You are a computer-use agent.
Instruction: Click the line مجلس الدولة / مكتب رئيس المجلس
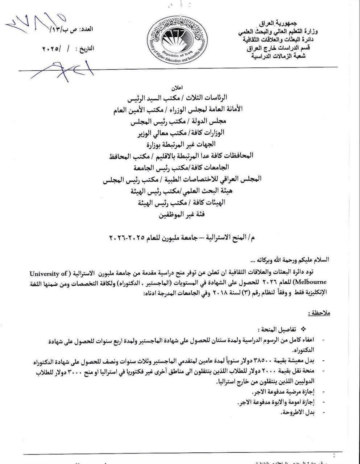(179, 122)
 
